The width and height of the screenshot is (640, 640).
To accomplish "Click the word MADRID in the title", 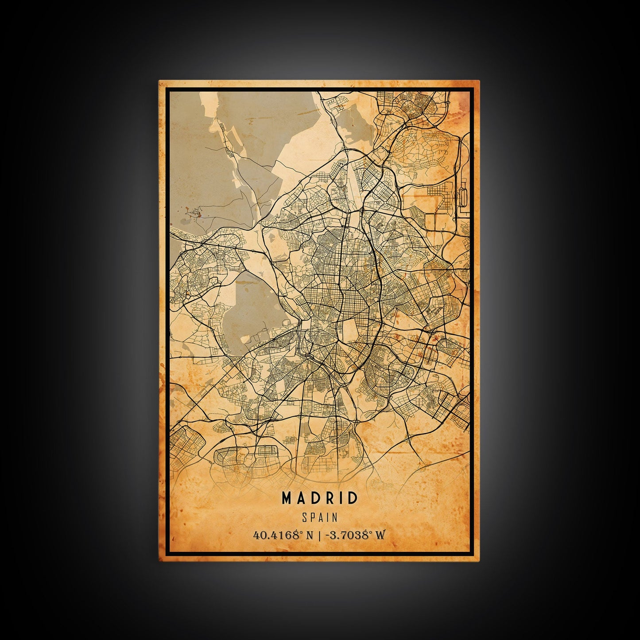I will coord(319,498).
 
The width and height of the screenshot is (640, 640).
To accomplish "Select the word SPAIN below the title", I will coord(319,517).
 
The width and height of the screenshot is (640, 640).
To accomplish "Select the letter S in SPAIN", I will coord(304,517).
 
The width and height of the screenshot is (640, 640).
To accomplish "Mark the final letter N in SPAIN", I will coord(335,517).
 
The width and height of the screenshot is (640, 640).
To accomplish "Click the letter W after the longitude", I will coord(380,535).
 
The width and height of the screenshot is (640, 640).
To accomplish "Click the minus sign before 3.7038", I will coord(327,535).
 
